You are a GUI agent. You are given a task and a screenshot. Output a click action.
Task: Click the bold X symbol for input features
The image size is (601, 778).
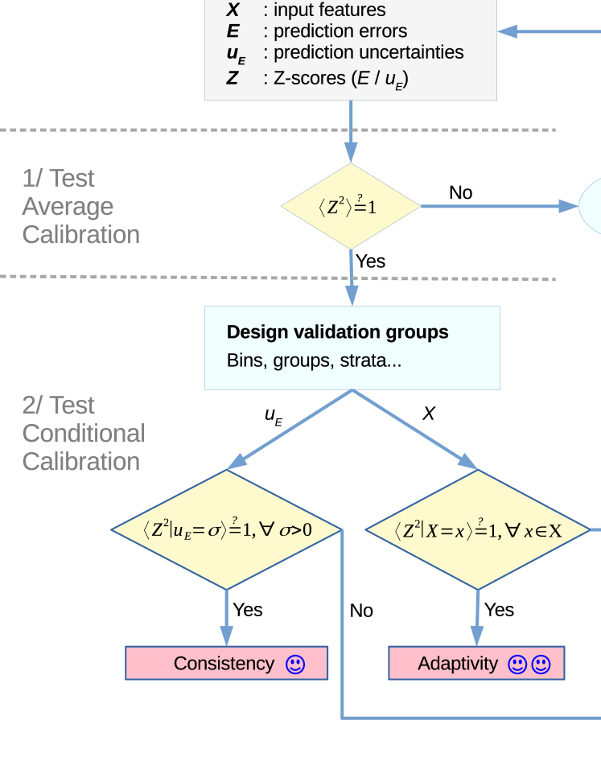[233, 10]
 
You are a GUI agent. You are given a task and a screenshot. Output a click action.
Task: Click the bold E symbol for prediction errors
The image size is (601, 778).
[233, 31]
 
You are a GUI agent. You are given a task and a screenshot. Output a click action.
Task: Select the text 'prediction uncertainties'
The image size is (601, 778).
[368, 52]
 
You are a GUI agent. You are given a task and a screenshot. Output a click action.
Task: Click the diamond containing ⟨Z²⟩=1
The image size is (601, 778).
[351, 207]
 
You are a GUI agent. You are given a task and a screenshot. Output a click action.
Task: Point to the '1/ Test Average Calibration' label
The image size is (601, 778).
[80, 207]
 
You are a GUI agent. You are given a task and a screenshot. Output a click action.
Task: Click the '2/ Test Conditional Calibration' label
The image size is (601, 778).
[83, 434]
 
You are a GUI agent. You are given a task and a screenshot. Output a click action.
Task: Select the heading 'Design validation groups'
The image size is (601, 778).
[337, 332]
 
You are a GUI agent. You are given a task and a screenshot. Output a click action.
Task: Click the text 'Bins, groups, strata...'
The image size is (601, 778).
[314, 360]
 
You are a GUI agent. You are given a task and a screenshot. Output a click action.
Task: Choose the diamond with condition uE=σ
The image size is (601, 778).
[226, 529]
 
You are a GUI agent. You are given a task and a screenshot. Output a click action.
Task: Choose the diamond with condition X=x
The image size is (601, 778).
[477, 530]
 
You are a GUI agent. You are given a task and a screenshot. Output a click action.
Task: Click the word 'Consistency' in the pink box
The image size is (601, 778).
[224, 664]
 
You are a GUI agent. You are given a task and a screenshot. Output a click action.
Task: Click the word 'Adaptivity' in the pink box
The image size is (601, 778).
[458, 664]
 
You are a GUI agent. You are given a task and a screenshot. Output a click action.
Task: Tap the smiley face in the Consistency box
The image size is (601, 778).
[295, 665]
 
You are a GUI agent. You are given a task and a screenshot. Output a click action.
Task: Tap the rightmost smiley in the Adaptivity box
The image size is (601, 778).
[541, 665]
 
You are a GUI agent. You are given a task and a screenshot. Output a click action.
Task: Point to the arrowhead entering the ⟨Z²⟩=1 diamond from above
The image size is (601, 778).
[351, 153]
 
